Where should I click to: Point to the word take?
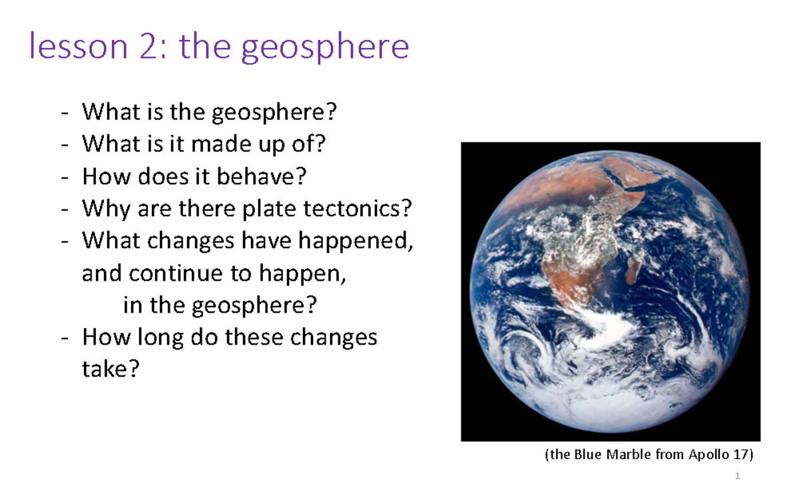[x=111, y=369]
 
